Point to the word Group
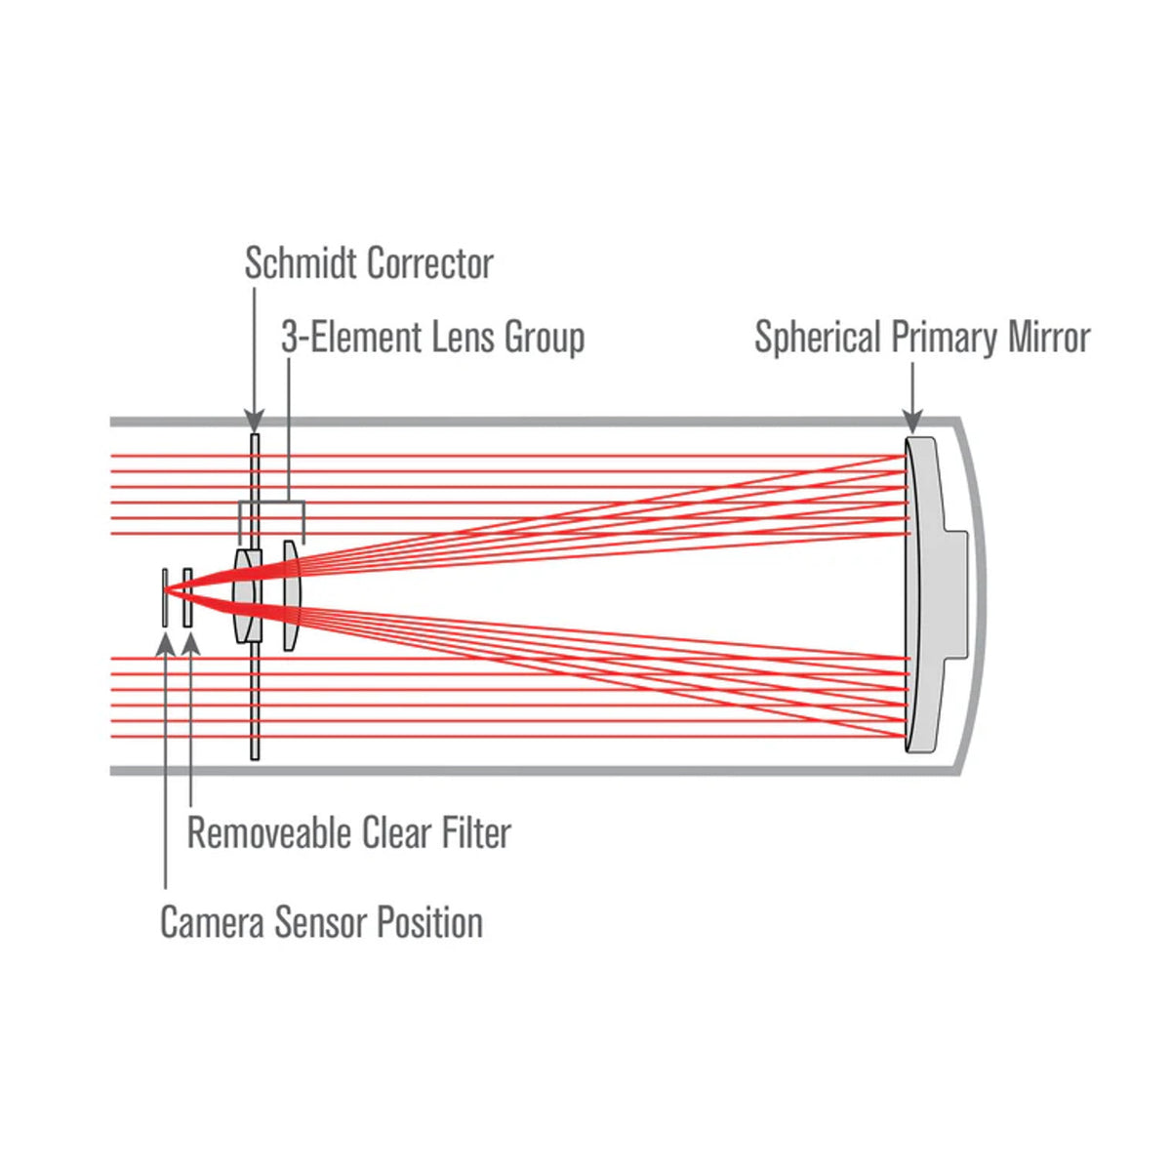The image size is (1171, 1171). point(545,338)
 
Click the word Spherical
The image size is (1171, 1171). point(818,338)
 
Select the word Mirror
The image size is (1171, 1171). point(1049,338)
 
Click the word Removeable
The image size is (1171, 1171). point(269,833)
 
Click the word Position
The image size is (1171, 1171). point(430,922)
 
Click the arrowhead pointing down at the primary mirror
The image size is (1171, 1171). point(912,422)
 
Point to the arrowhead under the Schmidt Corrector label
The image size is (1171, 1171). point(254,422)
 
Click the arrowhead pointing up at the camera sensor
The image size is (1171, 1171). point(166,643)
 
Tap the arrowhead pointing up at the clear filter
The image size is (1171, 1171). point(190,643)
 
